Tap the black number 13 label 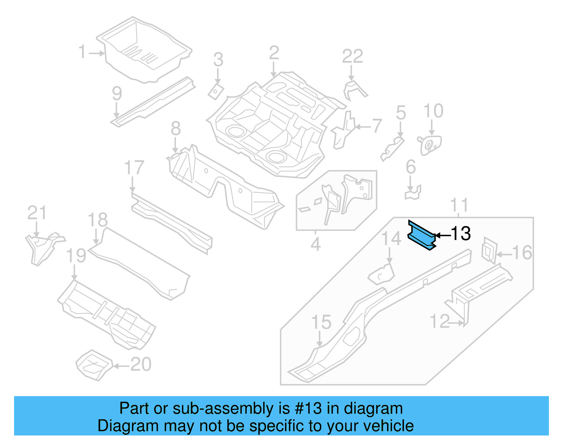pyautogui.click(x=461, y=234)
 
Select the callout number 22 pyautogui.click(x=352, y=56)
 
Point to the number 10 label pyautogui.click(x=433, y=111)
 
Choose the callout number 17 pyautogui.click(x=134, y=168)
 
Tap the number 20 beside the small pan pyautogui.click(x=141, y=364)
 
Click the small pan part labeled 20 pyautogui.click(x=94, y=365)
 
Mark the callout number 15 pyautogui.click(x=321, y=322)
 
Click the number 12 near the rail pyautogui.click(x=439, y=322)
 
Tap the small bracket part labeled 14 pyautogui.click(x=381, y=274)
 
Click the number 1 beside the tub pyautogui.click(x=82, y=52)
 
